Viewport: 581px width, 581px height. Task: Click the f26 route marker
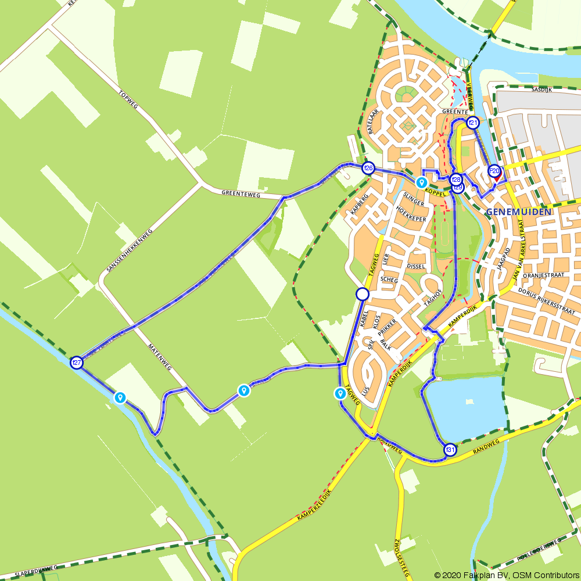(368, 168)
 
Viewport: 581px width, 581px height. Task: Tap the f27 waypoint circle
(76, 363)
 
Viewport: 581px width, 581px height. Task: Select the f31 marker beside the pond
(450, 450)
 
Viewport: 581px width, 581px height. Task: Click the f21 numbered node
(473, 123)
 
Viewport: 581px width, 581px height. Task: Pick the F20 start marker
(494, 171)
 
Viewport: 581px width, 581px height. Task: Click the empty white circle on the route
(363, 294)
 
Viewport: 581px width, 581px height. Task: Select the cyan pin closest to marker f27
(120, 397)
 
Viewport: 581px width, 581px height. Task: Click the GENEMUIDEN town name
(519, 212)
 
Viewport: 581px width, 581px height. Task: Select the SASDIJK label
(541, 90)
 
